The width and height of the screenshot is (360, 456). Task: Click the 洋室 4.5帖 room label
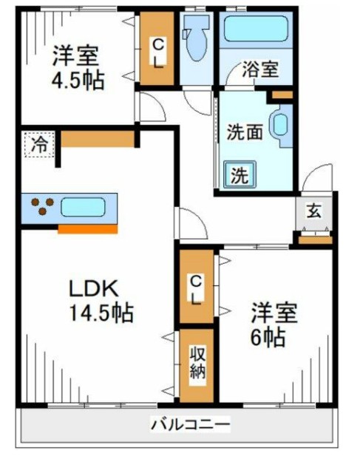click(77, 67)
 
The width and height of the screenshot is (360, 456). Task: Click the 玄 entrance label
click(313, 211)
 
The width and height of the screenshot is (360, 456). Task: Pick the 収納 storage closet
click(196, 366)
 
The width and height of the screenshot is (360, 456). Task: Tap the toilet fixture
click(196, 44)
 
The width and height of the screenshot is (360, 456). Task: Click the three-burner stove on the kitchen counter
click(42, 206)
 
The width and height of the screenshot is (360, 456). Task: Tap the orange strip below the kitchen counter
click(87, 229)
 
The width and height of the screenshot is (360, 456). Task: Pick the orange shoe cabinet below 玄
click(314, 239)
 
